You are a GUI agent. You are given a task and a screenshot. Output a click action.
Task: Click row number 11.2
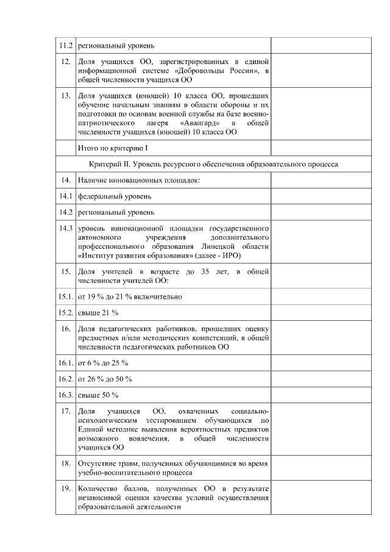pos(65,46)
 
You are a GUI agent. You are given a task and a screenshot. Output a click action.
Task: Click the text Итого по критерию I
pos(113,148)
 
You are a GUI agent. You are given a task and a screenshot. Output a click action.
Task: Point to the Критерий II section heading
pos(213,164)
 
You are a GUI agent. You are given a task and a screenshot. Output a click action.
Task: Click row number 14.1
pos(65,196)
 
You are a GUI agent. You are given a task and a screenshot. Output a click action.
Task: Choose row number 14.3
pos(65,228)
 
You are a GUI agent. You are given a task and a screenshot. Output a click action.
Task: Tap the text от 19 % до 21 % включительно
pos(129,296)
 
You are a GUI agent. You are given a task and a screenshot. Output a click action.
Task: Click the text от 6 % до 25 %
pos(102,364)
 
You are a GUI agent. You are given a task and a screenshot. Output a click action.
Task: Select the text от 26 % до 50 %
pos(104,379)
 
